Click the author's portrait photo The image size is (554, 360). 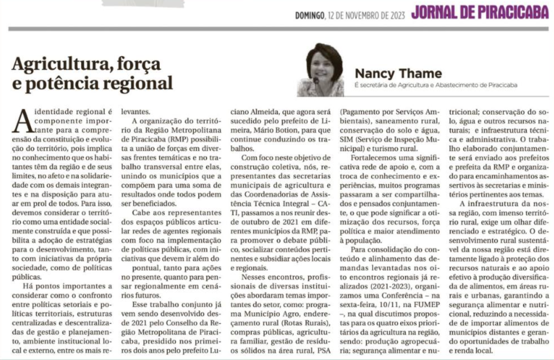[322, 70]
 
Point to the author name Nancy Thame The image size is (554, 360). [398, 73]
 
